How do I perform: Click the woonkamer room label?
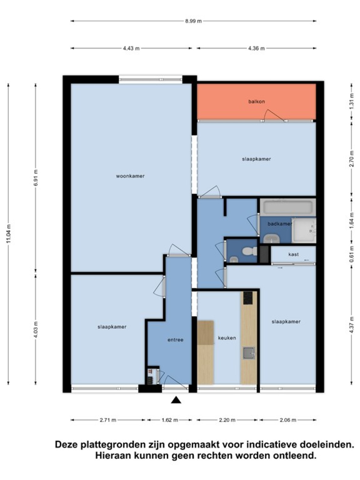pos(130,176)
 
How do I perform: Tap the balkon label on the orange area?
pos(256,101)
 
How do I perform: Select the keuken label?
pos(227,338)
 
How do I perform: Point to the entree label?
pos(175,340)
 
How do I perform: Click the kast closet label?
pos(293,254)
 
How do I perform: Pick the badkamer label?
pos(280,224)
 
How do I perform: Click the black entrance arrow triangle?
pos(176,400)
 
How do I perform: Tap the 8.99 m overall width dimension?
pos(193,21)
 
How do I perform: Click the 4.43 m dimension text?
pos(131,48)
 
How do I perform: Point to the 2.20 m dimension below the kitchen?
pos(227,420)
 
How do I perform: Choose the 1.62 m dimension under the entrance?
pos(169,420)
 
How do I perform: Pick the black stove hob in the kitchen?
pos(248,298)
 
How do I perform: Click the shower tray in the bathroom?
pos(304,230)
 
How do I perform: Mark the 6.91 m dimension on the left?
pos(36,177)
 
